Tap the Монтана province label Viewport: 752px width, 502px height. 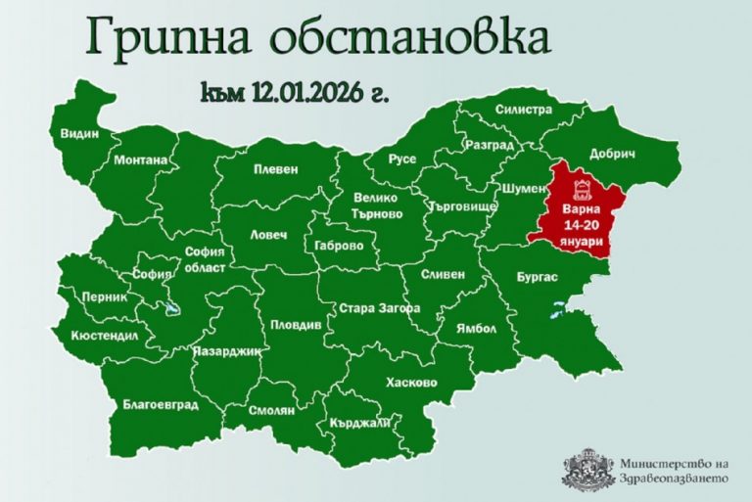click(140, 160)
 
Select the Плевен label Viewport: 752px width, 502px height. click(275, 168)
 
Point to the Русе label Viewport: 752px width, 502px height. click(402, 159)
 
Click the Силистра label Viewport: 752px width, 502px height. click(525, 110)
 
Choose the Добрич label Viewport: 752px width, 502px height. click(613, 155)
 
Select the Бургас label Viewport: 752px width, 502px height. click(537, 277)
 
